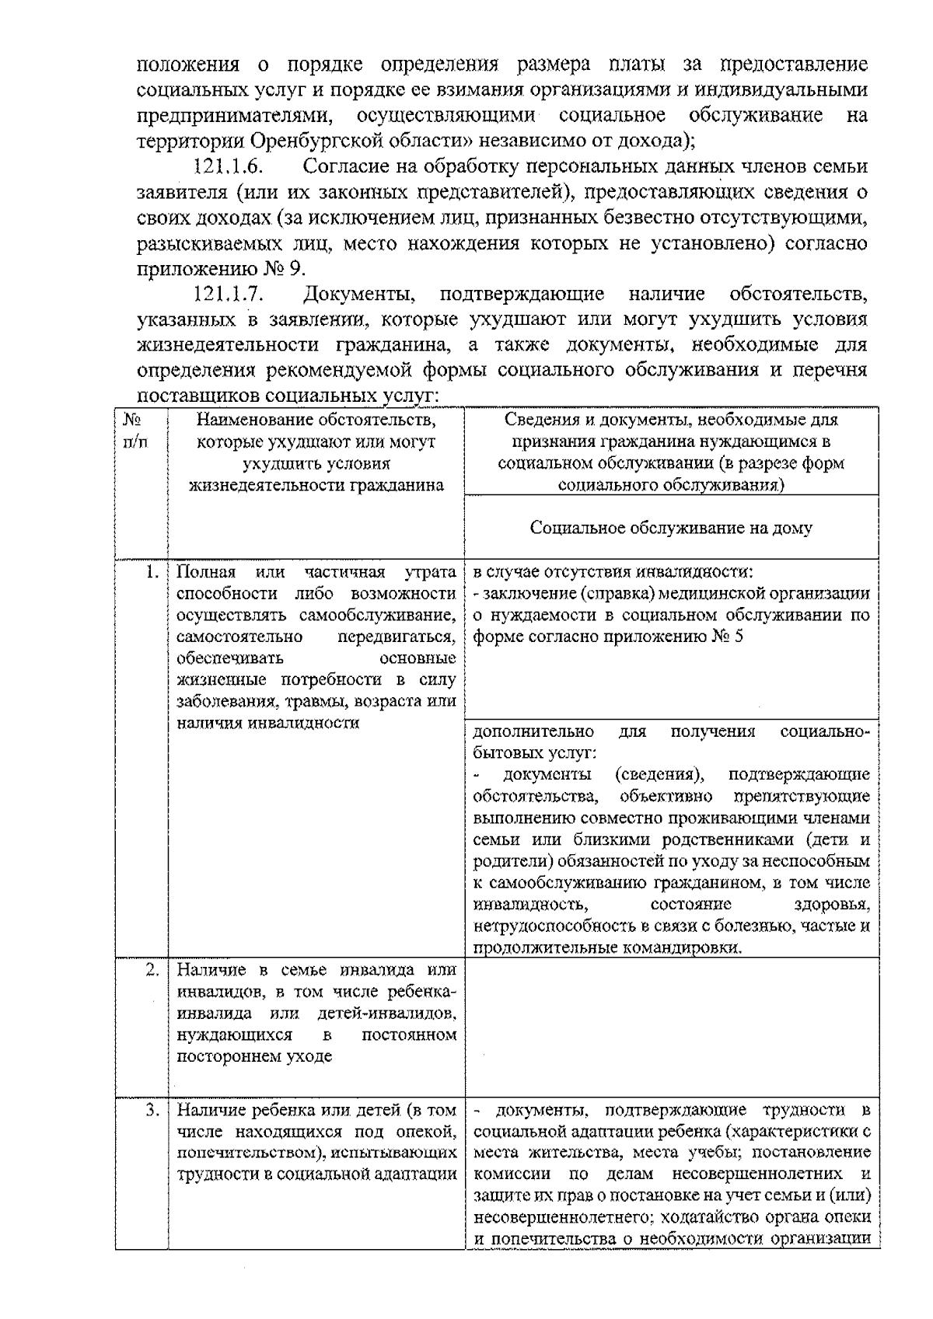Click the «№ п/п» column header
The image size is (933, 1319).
[135, 431]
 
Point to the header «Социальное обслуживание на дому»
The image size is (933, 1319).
[671, 529]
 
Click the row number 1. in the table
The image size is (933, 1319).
[152, 574]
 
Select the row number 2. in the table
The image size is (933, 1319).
[152, 970]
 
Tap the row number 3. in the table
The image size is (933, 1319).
[152, 1110]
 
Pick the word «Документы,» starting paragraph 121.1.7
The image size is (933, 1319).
[361, 295]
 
